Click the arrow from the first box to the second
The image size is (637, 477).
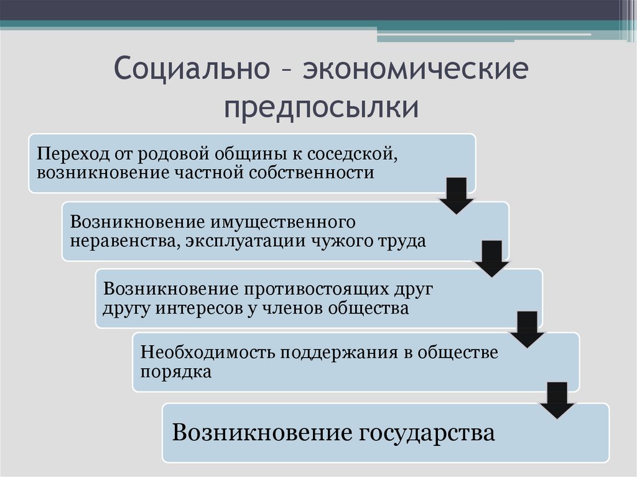coord(457,195)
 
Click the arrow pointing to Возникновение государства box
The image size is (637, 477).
coord(557,400)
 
